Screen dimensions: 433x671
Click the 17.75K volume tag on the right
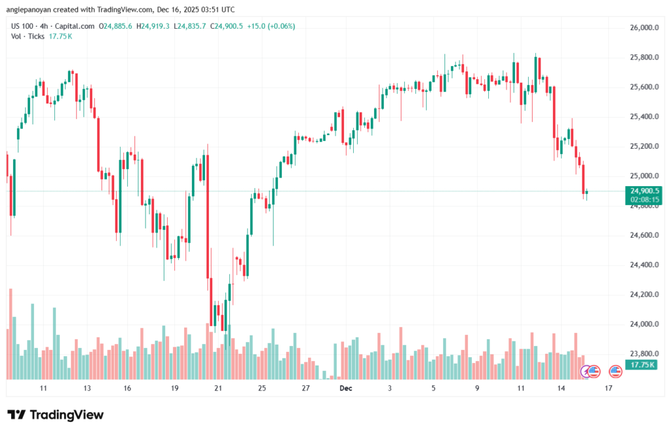click(640, 364)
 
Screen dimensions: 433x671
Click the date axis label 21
click(218, 388)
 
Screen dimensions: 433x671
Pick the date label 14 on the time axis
click(562, 388)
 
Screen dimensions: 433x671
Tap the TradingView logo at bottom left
click(55, 415)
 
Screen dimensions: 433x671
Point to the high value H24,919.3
click(153, 26)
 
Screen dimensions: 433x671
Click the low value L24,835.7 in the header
click(191, 26)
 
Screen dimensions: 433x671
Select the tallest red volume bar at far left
click(11, 333)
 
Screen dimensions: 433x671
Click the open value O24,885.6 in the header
click(115, 26)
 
